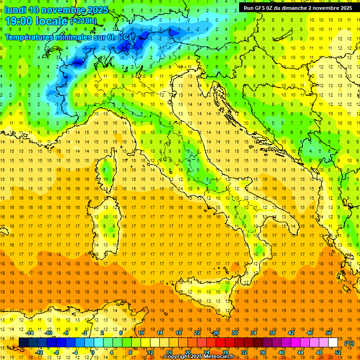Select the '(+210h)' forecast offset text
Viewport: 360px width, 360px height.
click(x=83, y=21)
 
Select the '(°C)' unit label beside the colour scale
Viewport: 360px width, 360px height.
click(x=349, y=343)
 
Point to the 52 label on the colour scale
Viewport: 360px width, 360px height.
click(x=338, y=352)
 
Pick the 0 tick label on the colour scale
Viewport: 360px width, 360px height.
click(x=93, y=352)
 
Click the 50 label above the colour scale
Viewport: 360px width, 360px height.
click(x=329, y=333)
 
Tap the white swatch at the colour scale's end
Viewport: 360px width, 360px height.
click(x=333, y=342)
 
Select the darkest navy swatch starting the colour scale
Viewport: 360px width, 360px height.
click(x=23, y=342)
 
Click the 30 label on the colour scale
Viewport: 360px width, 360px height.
click(x=235, y=333)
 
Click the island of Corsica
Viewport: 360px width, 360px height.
click(x=108, y=173)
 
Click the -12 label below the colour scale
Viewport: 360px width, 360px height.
click(x=39, y=352)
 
